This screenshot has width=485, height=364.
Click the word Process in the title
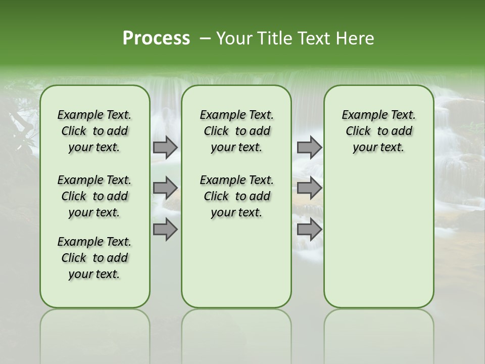pyautogui.click(x=156, y=38)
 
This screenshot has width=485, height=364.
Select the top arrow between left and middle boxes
pyautogui.click(x=165, y=147)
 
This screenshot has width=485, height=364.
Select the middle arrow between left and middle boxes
pyautogui.click(x=165, y=188)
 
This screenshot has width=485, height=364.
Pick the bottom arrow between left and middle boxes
pyautogui.click(x=165, y=230)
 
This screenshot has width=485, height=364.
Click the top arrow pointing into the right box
pyautogui.click(x=309, y=147)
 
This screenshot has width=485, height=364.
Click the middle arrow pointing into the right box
pyautogui.click(x=309, y=188)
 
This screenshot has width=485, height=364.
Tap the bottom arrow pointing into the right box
pyautogui.click(x=309, y=230)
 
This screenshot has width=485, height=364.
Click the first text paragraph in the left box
pyautogui.click(x=94, y=131)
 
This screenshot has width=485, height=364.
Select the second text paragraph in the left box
pyautogui.click(x=94, y=196)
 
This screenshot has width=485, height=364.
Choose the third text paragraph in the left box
pyautogui.click(x=94, y=258)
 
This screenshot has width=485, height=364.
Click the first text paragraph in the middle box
pyautogui.click(x=236, y=131)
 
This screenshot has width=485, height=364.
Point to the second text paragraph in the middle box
pyautogui.click(x=236, y=196)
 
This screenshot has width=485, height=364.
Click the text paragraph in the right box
pyautogui.click(x=378, y=131)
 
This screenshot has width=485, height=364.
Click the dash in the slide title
pyautogui.click(x=204, y=38)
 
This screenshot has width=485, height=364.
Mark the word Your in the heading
pyautogui.click(x=231, y=38)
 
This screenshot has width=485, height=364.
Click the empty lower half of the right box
pyautogui.click(x=378, y=243)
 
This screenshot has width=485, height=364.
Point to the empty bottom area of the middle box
pyautogui.click(x=236, y=268)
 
